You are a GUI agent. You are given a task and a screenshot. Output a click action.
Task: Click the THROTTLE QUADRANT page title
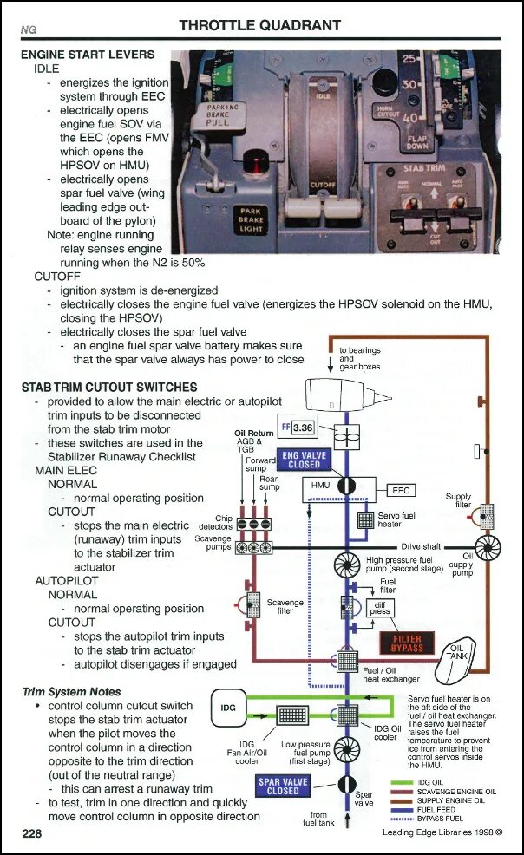(x=259, y=25)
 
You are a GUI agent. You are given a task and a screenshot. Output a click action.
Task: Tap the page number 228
(x=33, y=833)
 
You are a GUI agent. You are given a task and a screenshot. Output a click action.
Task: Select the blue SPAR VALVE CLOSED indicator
(x=284, y=786)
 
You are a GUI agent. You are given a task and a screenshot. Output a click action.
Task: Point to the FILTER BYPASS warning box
(x=407, y=643)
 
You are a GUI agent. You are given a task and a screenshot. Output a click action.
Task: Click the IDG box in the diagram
(x=228, y=708)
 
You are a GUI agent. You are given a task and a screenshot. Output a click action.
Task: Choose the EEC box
(x=401, y=491)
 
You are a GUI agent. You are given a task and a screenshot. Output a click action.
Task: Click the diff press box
(x=381, y=610)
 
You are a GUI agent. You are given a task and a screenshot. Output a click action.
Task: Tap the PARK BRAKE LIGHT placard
(x=252, y=220)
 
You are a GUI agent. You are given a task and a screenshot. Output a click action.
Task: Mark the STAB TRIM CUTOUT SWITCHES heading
(x=109, y=387)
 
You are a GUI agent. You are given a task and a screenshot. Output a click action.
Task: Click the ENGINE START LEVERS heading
(x=88, y=55)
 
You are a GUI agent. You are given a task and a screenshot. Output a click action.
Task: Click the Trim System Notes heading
(x=71, y=692)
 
